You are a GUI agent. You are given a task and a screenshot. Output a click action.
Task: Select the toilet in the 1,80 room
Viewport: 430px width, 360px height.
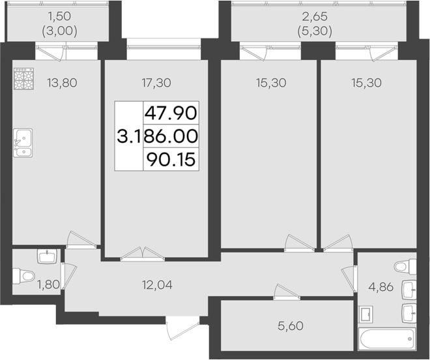pyautogui.click(x=25, y=277)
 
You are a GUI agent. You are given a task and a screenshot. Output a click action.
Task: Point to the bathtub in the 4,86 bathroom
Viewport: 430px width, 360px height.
pyautogui.click(x=387, y=338)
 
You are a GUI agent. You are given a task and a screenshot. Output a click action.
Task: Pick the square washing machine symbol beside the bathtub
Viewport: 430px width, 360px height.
pyautogui.click(x=367, y=315)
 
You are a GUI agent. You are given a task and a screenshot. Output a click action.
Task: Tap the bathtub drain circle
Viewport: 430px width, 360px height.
pyautogui.click(x=408, y=338)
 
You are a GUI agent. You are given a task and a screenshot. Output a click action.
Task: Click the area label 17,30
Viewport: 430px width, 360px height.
pyautogui.click(x=156, y=83)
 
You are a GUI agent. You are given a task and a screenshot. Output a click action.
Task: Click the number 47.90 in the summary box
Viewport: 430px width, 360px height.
pyautogui.click(x=170, y=113)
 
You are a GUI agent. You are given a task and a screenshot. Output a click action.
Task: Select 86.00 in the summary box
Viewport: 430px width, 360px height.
pyautogui.click(x=171, y=136)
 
